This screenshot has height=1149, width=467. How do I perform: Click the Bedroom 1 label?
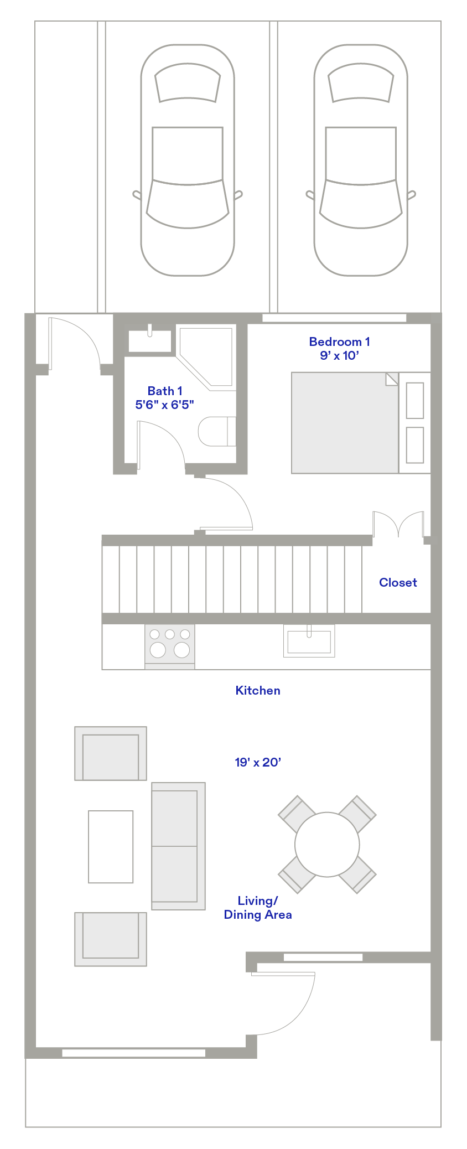pyautogui.click(x=339, y=341)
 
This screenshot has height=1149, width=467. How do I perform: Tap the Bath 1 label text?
pyautogui.click(x=165, y=391)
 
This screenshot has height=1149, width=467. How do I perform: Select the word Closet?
pyautogui.click(x=398, y=582)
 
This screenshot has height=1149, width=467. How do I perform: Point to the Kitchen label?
pyautogui.click(x=258, y=690)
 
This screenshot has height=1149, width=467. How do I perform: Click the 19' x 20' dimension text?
pyautogui.click(x=258, y=762)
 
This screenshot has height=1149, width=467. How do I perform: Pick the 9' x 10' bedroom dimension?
pyautogui.click(x=339, y=355)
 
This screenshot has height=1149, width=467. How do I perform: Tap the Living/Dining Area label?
pyautogui.click(x=258, y=908)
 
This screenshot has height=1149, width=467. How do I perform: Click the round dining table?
pyautogui.click(x=327, y=845)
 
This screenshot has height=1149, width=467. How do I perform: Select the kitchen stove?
pyautogui.click(x=170, y=646)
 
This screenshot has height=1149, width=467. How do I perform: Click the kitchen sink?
pyautogui.click(x=309, y=641)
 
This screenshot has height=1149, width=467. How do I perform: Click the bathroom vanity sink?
pyautogui.click(x=150, y=341)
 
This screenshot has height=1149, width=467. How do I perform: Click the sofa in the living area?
pyautogui.click(x=179, y=846)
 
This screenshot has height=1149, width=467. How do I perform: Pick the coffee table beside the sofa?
pyautogui.click(x=111, y=846)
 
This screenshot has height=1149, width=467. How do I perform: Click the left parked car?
pyautogui.click(x=188, y=160)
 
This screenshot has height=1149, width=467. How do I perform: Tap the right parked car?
pyautogui.click(x=361, y=160)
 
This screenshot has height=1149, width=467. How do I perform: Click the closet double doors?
pyautogui.click(x=398, y=524)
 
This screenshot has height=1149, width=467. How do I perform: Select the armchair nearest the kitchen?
pyautogui.click(x=111, y=753)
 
